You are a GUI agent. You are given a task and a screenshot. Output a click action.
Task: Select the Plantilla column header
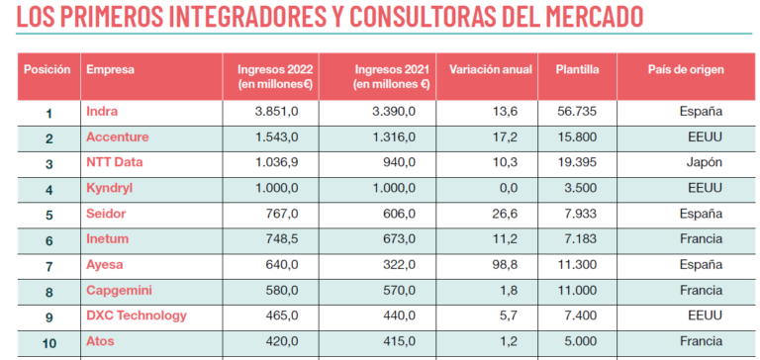(577, 70)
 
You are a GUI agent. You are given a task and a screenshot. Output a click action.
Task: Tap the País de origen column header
(686, 70)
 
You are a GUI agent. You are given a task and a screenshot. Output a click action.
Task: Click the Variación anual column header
(491, 70)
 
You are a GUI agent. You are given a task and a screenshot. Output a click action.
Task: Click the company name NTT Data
(115, 162)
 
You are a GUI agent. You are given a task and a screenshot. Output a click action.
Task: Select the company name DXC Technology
(137, 315)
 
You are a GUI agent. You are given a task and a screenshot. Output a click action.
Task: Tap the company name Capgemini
(120, 290)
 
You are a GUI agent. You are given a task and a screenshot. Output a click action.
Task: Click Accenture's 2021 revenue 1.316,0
(395, 137)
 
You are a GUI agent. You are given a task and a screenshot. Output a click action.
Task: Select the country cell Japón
(705, 162)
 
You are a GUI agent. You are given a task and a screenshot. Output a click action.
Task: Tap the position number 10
(48, 343)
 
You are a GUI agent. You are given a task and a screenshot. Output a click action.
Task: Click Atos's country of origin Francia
(702, 341)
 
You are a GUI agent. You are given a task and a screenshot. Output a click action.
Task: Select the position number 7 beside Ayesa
(48, 266)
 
